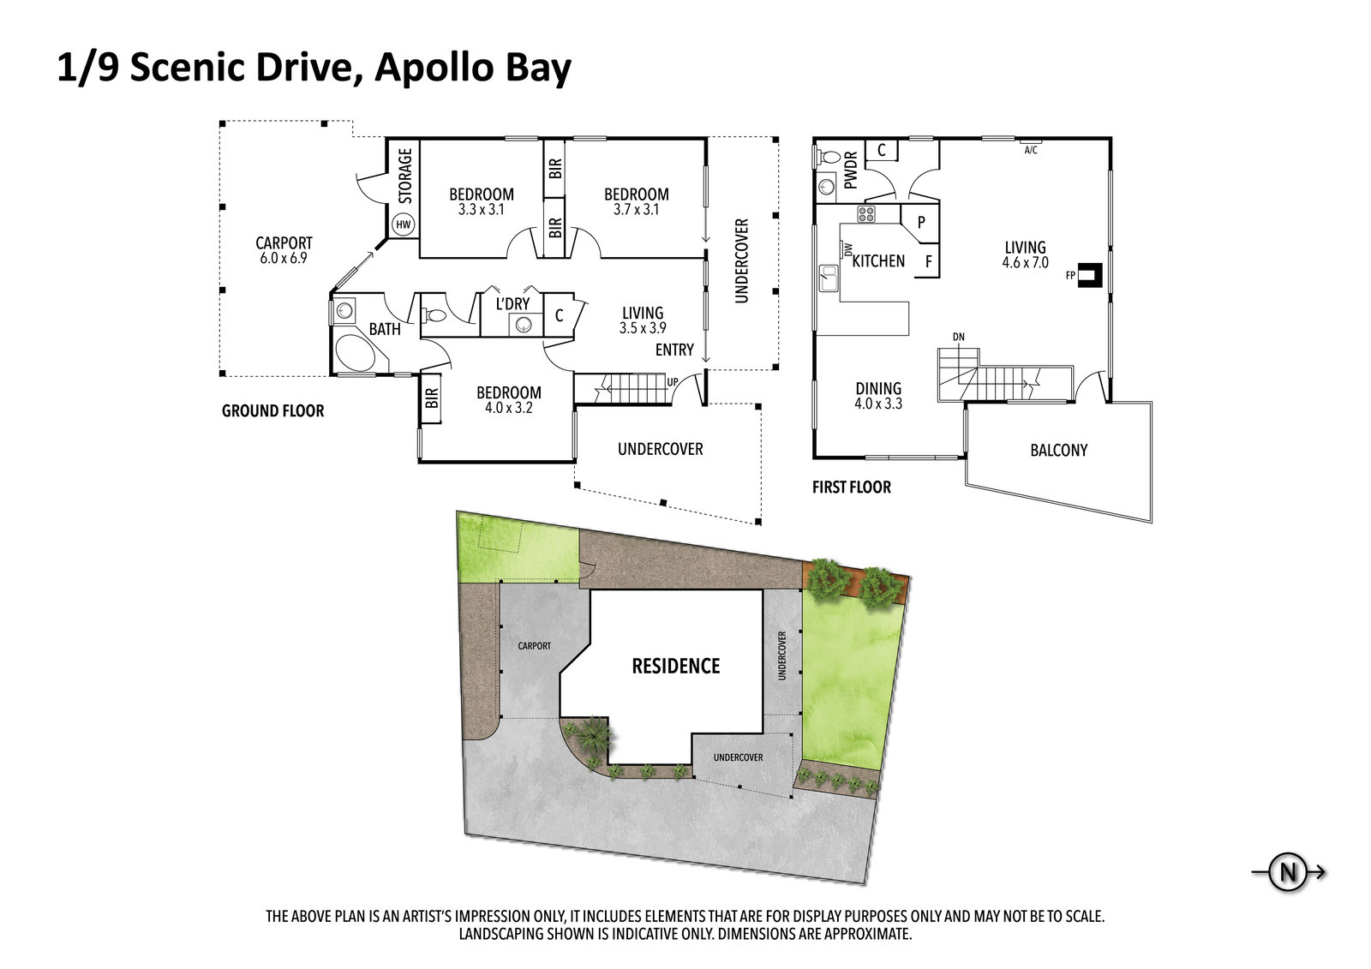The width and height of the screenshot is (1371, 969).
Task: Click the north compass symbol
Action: click(1289, 872)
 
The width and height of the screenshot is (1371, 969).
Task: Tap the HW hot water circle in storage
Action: click(403, 224)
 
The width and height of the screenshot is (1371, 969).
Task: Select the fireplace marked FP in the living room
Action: click(1089, 275)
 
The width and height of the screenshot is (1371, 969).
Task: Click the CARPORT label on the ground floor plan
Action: click(284, 243)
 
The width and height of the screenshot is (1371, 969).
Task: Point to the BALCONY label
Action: click(1059, 451)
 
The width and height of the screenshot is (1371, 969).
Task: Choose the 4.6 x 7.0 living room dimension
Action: click(1025, 263)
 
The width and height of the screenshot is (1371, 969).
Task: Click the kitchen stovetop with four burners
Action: click(866, 213)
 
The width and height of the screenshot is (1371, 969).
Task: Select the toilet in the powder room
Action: click(828, 158)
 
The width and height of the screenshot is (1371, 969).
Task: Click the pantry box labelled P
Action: click(920, 224)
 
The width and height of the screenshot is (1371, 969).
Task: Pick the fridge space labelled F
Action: click(927, 261)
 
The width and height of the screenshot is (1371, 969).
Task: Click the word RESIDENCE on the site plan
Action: click(676, 666)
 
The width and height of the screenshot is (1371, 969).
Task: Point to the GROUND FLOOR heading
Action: click(273, 410)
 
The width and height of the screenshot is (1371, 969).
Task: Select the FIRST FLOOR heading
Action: click(852, 487)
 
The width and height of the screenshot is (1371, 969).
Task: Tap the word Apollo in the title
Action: click(434, 69)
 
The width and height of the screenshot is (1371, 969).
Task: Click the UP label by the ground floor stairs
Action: click(673, 382)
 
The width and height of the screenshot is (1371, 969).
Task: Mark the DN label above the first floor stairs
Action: click(959, 337)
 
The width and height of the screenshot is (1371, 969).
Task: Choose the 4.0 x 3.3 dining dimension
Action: click(878, 404)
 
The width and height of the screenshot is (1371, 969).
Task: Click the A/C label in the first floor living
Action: click(1031, 150)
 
